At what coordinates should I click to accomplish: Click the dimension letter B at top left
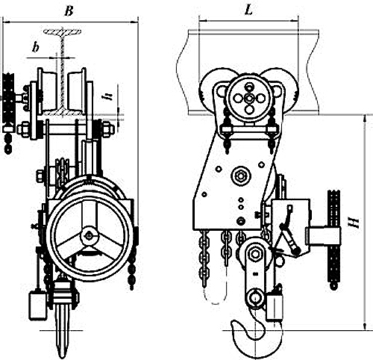pos(69,10)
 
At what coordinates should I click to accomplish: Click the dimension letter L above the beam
pos(248,10)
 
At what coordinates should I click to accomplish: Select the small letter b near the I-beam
pos(36,47)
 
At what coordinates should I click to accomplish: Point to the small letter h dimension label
pos(108,96)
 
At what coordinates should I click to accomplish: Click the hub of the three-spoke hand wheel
pos(89,235)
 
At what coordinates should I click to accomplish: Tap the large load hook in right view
pos(256,334)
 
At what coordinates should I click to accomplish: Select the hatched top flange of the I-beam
pos(62,31)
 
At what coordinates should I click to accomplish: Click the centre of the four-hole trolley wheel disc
pos(248,99)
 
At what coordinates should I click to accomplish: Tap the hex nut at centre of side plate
pos(240,176)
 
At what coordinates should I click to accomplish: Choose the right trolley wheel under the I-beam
pos(77,92)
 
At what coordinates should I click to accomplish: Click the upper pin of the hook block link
pos(255,254)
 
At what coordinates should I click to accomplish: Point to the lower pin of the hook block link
pos(255,297)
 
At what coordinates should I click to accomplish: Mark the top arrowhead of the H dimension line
pos(365,119)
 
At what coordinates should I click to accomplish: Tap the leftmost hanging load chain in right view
pos(204,259)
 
